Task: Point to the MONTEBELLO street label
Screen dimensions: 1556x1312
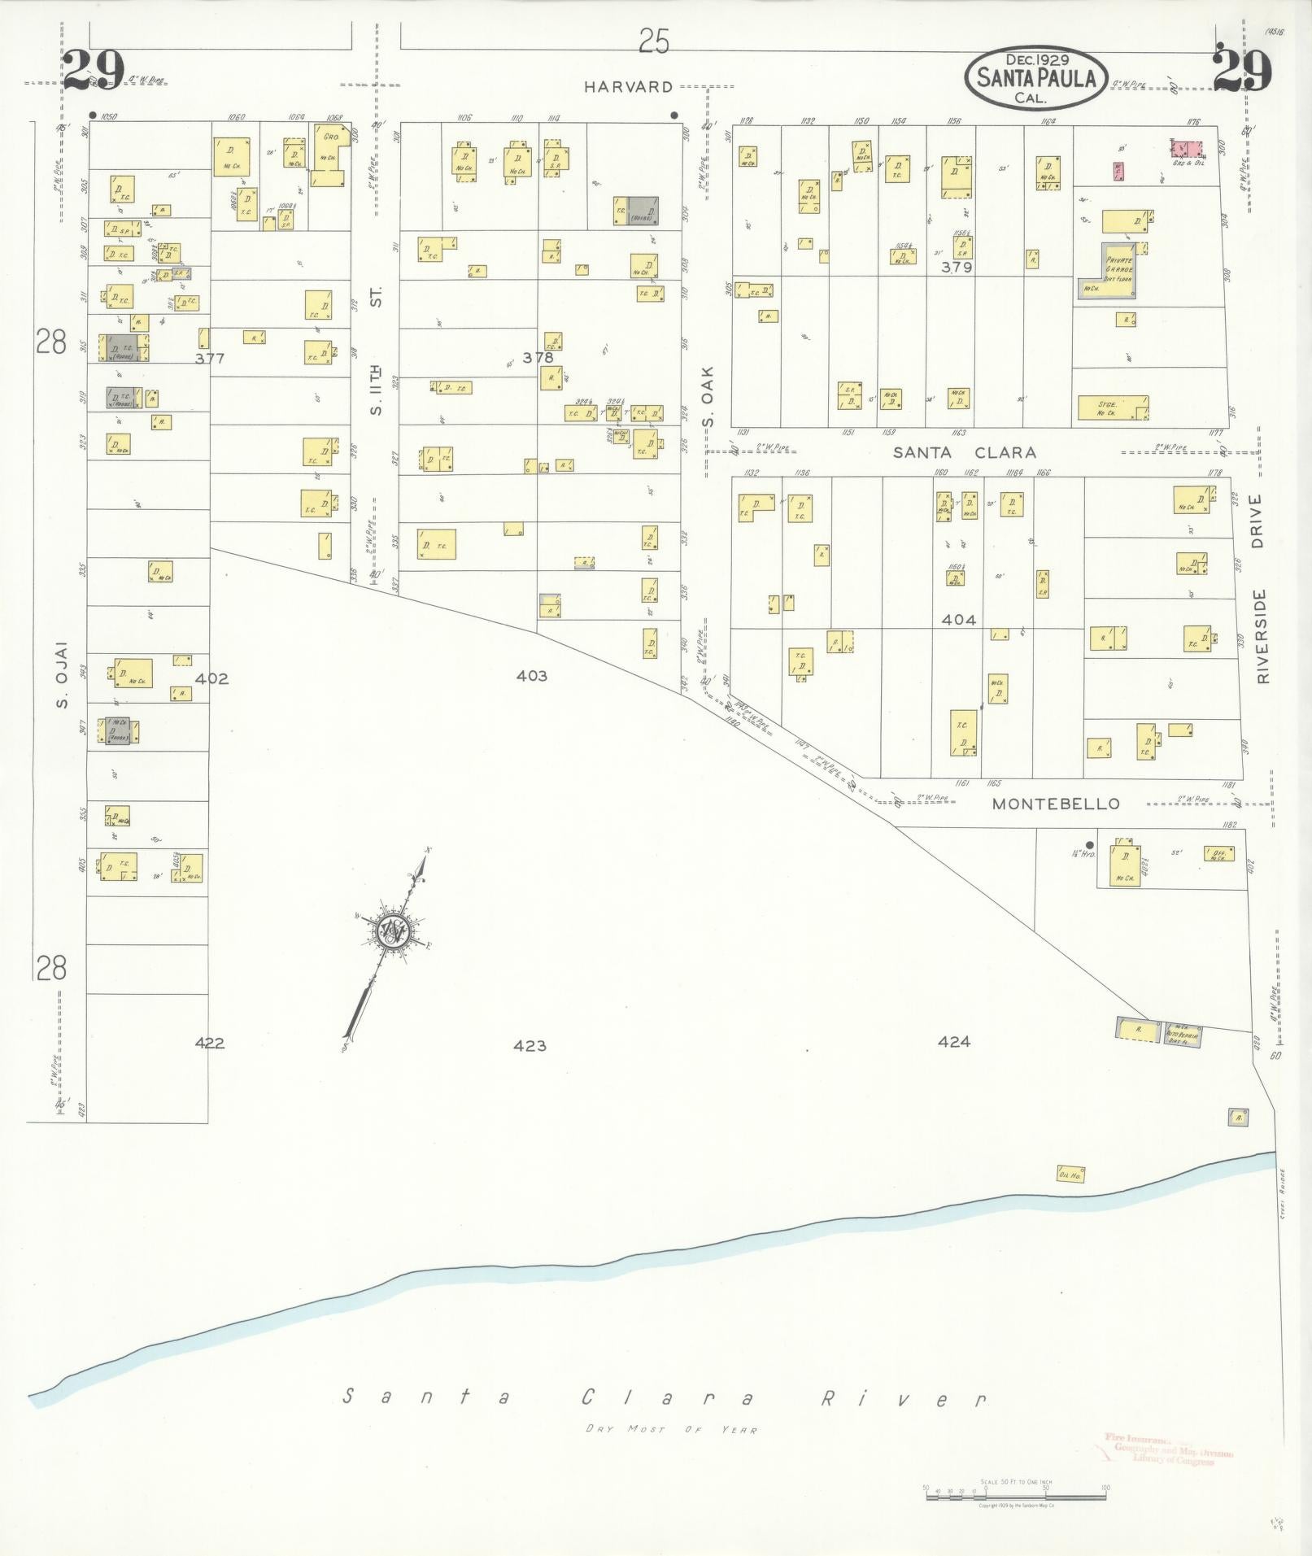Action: pos(1056,804)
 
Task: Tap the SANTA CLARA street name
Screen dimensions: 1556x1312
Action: pos(965,452)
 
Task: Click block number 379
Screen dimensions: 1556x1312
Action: pos(957,267)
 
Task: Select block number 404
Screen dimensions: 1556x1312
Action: pos(958,620)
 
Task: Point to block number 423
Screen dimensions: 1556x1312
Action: pos(530,1045)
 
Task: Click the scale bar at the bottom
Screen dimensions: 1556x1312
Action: pos(1014,1489)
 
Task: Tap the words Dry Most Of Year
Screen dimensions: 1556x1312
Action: pos(671,1453)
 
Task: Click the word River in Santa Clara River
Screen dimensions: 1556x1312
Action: pos(903,1399)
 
